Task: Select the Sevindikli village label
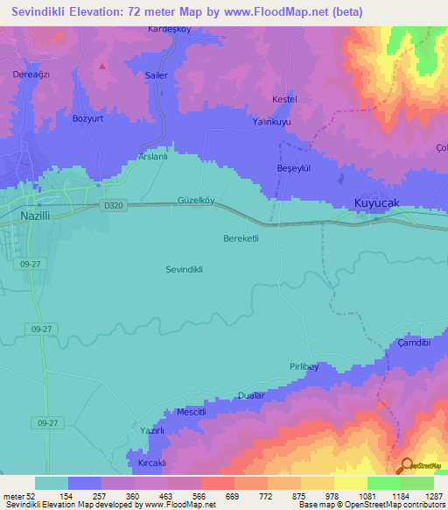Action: click(x=184, y=270)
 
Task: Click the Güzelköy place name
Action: click(x=196, y=200)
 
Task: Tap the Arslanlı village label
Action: click(x=153, y=157)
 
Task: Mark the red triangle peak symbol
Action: click(x=102, y=66)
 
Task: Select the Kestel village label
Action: click(x=285, y=100)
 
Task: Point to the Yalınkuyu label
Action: click(x=272, y=124)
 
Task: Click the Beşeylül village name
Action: click(x=293, y=168)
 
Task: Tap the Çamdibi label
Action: click(x=414, y=343)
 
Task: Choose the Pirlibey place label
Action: click(x=303, y=367)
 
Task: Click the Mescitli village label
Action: click(x=191, y=412)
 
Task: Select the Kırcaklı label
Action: click(x=151, y=463)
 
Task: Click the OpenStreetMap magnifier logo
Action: click(x=405, y=465)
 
